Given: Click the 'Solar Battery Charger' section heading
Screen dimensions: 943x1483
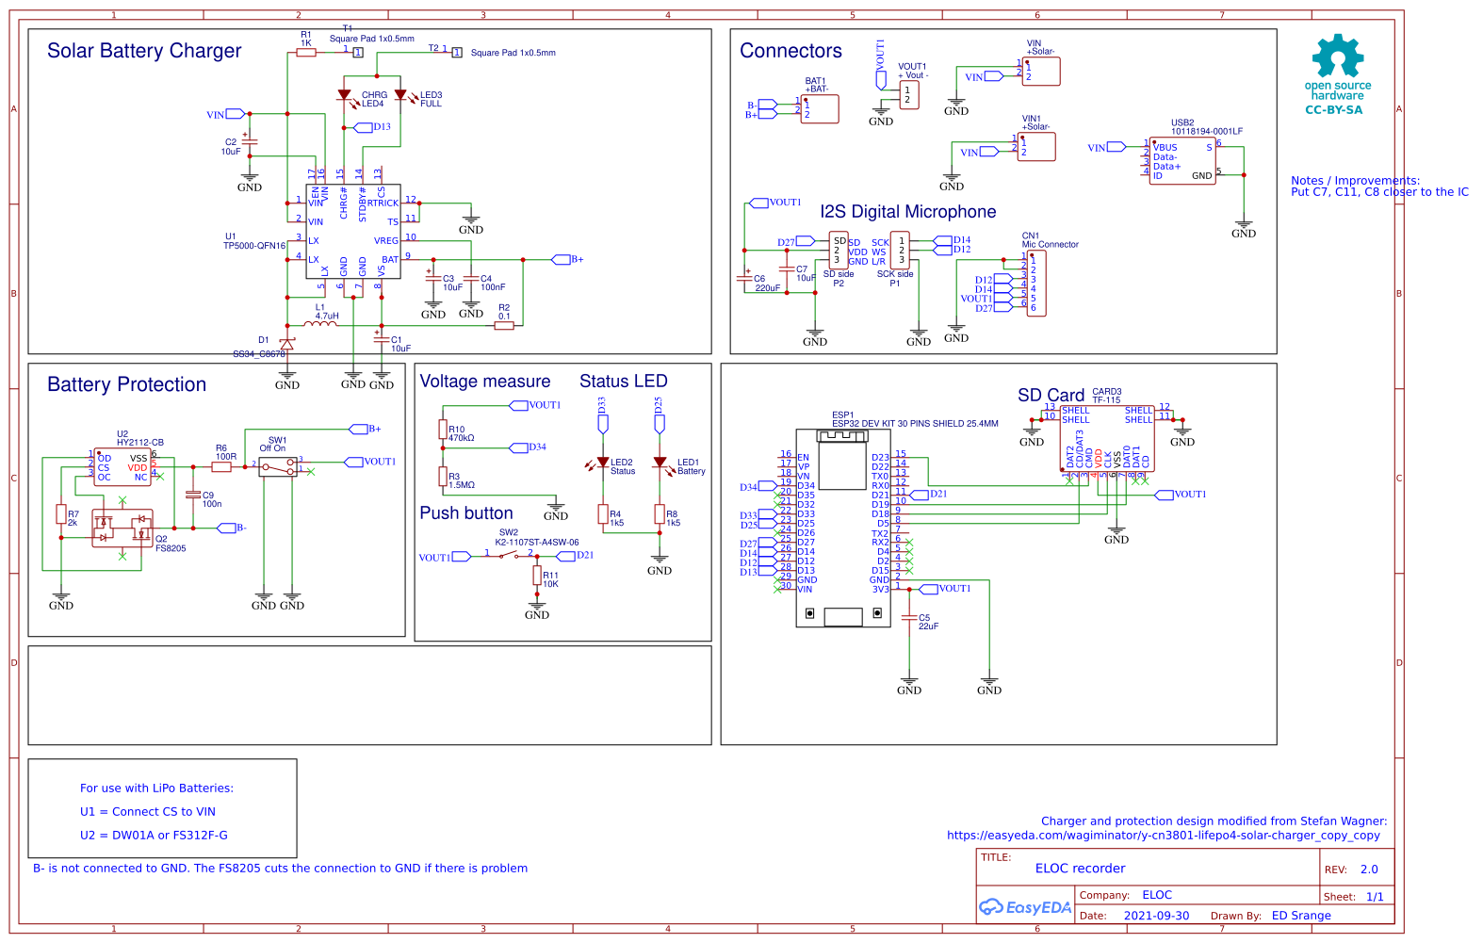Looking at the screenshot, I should (x=144, y=51).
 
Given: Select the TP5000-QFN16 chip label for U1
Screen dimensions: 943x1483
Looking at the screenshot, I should (x=253, y=246).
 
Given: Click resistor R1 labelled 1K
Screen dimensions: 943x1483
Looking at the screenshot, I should (x=306, y=53).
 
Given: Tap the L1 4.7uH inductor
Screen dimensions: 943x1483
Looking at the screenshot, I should (x=320, y=324).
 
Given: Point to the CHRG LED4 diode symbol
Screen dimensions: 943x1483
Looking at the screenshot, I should (x=344, y=95).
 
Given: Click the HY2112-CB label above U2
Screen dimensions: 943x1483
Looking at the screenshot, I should (x=140, y=443).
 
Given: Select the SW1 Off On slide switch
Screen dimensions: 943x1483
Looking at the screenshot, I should (x=278, y=466).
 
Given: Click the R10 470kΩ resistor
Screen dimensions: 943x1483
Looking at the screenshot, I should (x=443, y=430).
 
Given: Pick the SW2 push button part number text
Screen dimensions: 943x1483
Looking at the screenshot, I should (x=537, y=543).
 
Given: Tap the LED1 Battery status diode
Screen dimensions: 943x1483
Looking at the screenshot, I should (x=660, y=463).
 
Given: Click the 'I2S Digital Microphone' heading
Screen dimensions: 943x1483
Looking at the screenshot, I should (x=907, y=212).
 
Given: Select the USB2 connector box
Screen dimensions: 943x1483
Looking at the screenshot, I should (x=1182, y=161).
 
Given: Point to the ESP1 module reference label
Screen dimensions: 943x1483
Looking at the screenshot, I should (x=842, y=415).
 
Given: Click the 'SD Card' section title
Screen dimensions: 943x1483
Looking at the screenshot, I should (x=1051, y=396).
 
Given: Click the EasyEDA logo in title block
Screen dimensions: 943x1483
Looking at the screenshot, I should (x=1025, y=907).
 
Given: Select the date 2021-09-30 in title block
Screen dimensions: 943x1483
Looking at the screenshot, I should (x=1156, y=916).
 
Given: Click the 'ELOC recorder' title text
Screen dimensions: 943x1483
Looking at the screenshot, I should (x=1080, y=869).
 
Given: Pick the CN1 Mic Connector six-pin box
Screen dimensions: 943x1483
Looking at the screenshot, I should (x=1036, y=284).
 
